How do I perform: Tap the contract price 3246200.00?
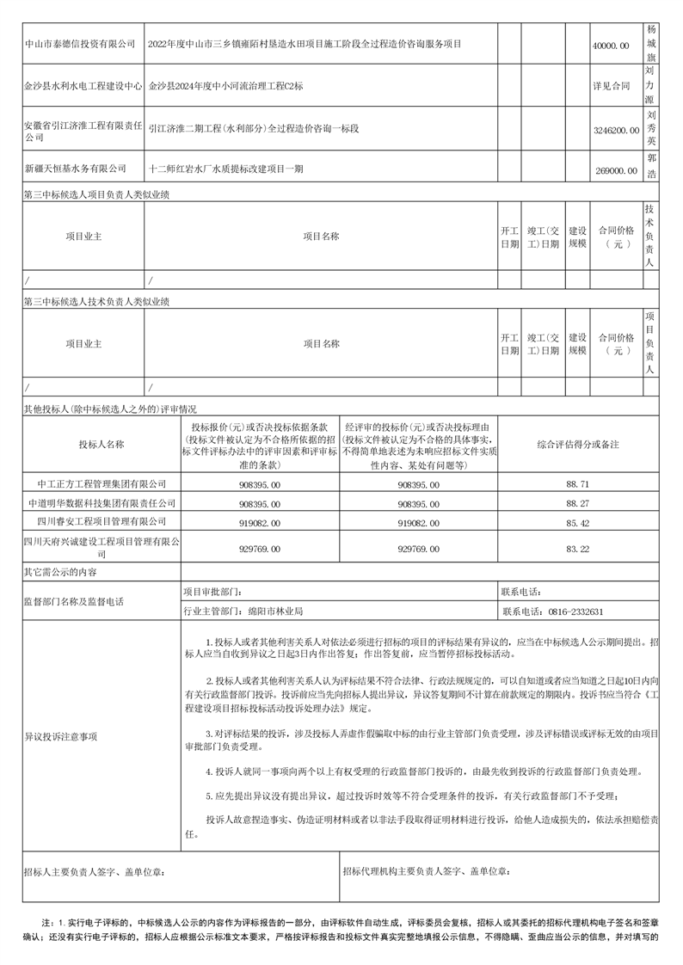616,130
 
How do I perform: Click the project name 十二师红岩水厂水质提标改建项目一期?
226,170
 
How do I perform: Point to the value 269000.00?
616,171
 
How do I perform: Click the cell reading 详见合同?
611,87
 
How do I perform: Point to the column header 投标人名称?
102,445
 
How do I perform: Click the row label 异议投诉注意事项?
61,737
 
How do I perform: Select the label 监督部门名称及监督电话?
73,602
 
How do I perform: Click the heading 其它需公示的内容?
61,571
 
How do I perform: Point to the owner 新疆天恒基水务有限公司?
75,170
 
